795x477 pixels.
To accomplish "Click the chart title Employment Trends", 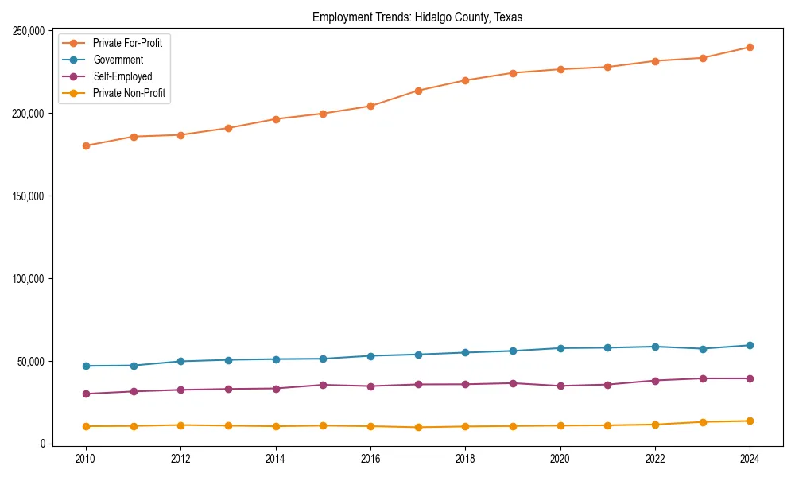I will tap(417, 17).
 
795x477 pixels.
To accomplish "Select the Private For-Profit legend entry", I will tap(127, 43).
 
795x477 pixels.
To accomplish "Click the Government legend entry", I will tap(118, 60).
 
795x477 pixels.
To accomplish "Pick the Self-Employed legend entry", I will tap(122, 76).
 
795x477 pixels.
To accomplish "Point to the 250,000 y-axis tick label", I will tap(27, 31).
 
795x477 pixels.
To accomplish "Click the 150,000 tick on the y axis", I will tap(27, 196).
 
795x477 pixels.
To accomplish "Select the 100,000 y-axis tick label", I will tap(27, 279).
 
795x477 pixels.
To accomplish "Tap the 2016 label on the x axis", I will tap(370, 460).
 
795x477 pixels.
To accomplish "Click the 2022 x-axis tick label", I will tap(655, 460).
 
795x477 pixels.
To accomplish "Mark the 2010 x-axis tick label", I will tap(86, 460).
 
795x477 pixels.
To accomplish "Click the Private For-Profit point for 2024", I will tap(750, 48).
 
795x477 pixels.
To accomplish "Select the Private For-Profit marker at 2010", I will tap(86, 145).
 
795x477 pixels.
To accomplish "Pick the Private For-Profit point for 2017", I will tap(418, 91).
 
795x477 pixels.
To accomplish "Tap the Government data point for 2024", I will tap(750, 345).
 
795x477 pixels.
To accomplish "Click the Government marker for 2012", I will tap(180, 361).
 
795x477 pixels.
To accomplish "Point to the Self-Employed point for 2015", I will tap(323, 385).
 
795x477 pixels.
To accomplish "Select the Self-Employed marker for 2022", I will tap(655, 381).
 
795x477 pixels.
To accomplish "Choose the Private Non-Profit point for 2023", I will tap(703, 422).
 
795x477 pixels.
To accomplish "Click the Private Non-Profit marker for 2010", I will tap(86, 426).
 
